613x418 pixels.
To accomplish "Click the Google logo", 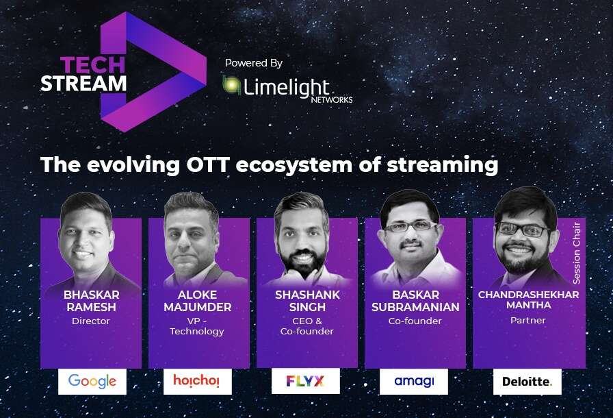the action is [x=92, y=381].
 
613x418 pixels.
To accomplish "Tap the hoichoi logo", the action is [x=196, y=380].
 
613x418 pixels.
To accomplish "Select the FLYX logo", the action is [x=305, y=381].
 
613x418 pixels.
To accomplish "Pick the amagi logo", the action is [x=414, y=381].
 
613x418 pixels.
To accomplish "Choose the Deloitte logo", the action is [x=527, y=381].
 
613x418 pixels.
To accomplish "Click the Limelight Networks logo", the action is [x=287, y=89].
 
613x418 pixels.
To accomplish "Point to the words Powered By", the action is [x=253, y=63].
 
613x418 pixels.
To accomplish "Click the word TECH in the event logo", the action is [x=92, y=65].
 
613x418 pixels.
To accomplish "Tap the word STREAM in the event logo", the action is [x=83, y=84].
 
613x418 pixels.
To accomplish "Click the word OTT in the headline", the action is [x=207, y=164].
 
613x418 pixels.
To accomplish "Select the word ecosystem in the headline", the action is [x=294, y=165].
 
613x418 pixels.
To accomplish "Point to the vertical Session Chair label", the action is [x=577, y=253].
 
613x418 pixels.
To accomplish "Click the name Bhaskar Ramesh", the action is [x=92, y=301].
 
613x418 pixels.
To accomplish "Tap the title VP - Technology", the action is [x=197, y=326].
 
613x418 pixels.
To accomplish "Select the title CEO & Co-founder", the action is [x=307, y=326].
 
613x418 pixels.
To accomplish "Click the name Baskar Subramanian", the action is [x=415, y=301].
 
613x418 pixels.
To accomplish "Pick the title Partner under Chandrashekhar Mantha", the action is [x=527, y=320].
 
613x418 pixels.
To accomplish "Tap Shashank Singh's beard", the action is [x=302, y=264].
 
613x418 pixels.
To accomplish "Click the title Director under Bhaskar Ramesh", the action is [x=91, y=321].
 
